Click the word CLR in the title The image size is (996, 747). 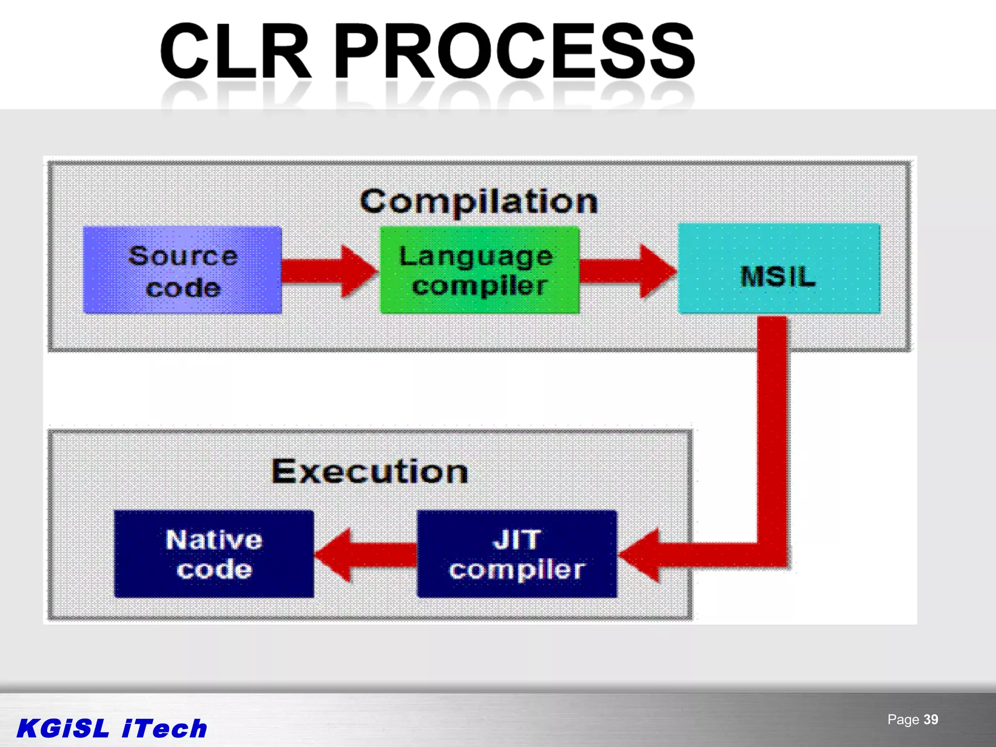[x=235, y=51]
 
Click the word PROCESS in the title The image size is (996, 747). [x=515, y=51]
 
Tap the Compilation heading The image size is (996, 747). [x=479, y=201]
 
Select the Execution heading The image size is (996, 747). [x=370, y=471]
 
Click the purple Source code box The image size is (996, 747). [x=182, y=270]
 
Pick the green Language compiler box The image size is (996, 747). [x=480, y=270]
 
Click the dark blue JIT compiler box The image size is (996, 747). [x=517, y=554]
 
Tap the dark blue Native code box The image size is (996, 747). [x=214, y=554]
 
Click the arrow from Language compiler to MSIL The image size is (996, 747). [x=627, y=271]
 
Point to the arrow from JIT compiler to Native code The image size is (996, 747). [x=365, y=555]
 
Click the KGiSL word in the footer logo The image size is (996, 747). [x=63, y=729]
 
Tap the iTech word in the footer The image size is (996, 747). [x=164, y=729]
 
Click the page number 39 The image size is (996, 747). [x=931, y=720]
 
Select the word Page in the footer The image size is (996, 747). [x=903, y=720]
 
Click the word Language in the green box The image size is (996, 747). [x=476, y=256]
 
